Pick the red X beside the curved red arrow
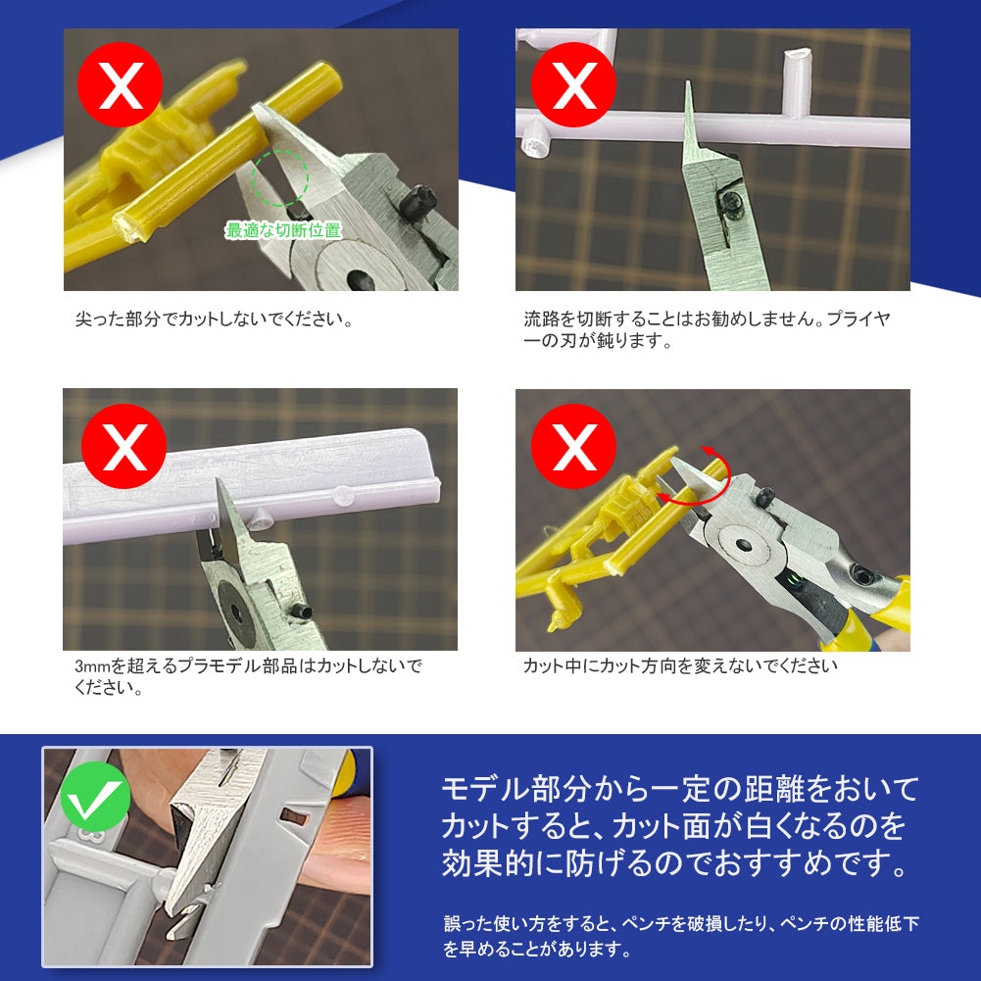pyautogui.click(x=574, y=447)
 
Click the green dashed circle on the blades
pyautogui.click(x=280, y=177)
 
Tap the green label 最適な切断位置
pyautogui.click(x=283, y=231)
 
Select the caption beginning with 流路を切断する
pyautogui.click(x=706, y=330)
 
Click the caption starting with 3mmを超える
pyautogui.click(x=247, y=676)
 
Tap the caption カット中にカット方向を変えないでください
pyautogui.click(x=680, y=666)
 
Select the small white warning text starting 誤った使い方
pyautogui.click(x=680, y=936)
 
